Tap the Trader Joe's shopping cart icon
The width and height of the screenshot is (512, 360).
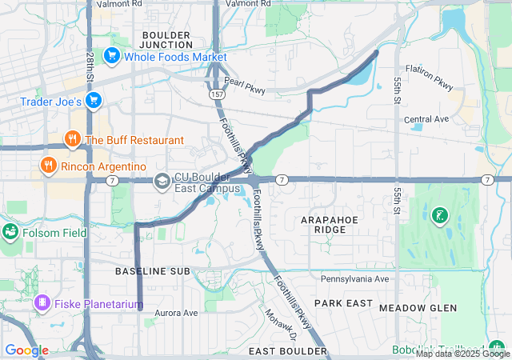coord(94,102)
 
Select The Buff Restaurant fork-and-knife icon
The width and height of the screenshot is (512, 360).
coord(73,140)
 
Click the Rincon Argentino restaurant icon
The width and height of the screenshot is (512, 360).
coord(48,166)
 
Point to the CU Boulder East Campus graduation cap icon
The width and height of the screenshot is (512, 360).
coord(162,182)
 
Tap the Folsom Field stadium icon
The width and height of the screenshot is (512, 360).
coord(10,232)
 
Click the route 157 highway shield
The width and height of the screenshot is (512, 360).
coord(218,94)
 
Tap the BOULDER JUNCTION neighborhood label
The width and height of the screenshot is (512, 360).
coord(166,40)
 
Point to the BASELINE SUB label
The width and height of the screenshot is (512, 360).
coord(152,272)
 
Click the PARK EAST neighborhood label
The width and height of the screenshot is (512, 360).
coord(343,303)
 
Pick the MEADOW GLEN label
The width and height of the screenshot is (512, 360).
coord(418,308)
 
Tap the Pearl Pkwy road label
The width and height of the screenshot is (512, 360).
coord(244,88)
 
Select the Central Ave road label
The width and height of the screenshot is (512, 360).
coord(426,119)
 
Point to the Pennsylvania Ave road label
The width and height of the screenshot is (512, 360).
coord(354,279)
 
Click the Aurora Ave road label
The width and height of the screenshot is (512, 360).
coord(176,313)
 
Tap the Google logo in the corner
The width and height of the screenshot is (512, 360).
coord(27,350)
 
